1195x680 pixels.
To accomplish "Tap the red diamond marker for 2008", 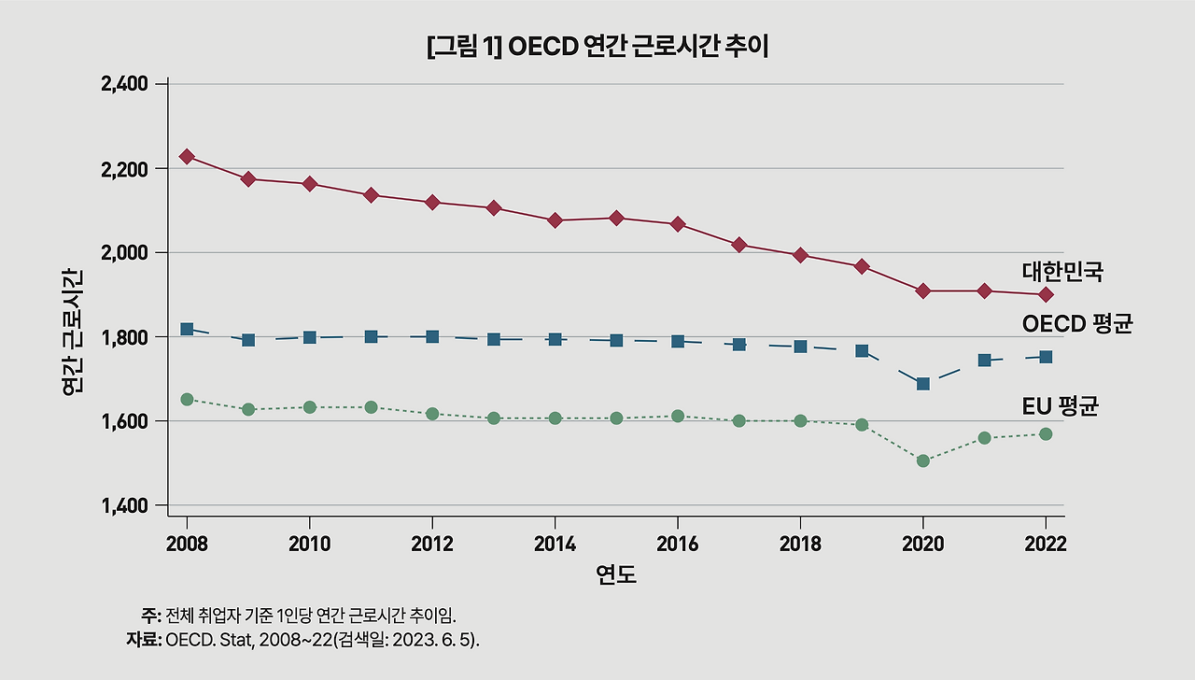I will click(x=187, y=156).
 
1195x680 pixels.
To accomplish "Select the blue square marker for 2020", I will click(x=923, y=384).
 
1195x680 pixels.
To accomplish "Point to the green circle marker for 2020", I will click(x=923, y=460).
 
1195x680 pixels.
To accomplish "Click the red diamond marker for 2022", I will click(x=1046, y=295).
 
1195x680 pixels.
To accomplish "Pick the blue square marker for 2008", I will click(x=187, y=329).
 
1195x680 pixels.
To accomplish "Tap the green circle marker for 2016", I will click(x=678, y=416).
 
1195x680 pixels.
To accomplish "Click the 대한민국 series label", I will click(x=1062, y=272).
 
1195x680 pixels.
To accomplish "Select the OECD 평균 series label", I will click(x=1076, y=324).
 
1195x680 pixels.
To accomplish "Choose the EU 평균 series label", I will click(x=1060, y=405).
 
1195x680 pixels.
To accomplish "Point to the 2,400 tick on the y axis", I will click(x=124, y=84).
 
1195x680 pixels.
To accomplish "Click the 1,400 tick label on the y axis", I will click(x=124, y=506).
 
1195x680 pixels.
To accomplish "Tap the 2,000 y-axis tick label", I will click(x=124, y=253).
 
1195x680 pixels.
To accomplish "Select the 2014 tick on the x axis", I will click(x=555, y=545).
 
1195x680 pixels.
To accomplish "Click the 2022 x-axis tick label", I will click(x=1046, y=545).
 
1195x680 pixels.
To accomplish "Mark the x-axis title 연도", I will click(x=616, y=574).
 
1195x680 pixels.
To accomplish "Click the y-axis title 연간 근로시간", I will click(x=73, y=333).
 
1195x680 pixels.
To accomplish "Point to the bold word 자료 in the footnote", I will click(x=143, y=640).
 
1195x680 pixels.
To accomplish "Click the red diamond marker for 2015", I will click(x=616, y=218).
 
